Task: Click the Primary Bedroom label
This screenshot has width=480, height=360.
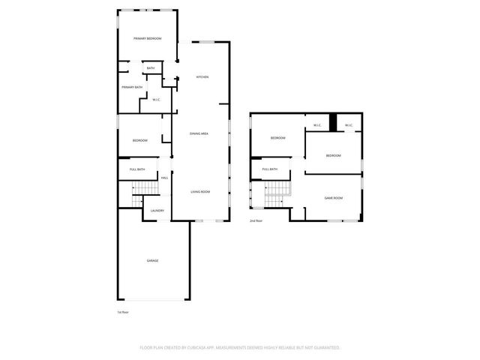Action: point(148,38)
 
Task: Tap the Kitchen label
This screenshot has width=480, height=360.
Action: point(202,77)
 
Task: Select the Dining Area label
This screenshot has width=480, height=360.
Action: point(199,133)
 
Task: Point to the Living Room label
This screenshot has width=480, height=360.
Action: point(199,192)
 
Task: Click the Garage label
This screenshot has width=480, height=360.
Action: point(152,260)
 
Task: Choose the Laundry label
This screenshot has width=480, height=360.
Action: point(157,211)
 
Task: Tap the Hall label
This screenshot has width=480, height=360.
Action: point(164,178)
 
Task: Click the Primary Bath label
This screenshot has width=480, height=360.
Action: point(133,88)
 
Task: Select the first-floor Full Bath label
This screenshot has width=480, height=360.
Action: point(137,169)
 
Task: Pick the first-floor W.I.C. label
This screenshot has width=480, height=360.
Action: point(156,100)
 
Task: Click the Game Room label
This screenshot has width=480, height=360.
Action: point(333,198)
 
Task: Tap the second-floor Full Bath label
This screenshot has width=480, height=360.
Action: point(270,169)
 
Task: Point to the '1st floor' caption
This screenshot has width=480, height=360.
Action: point(123,312)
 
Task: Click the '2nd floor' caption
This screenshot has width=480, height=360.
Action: point(256,221)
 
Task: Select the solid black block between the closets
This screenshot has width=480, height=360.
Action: point(333,122)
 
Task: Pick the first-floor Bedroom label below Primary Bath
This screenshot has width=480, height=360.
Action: point(140,141)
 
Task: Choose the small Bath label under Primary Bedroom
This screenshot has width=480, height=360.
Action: point(151,69)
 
